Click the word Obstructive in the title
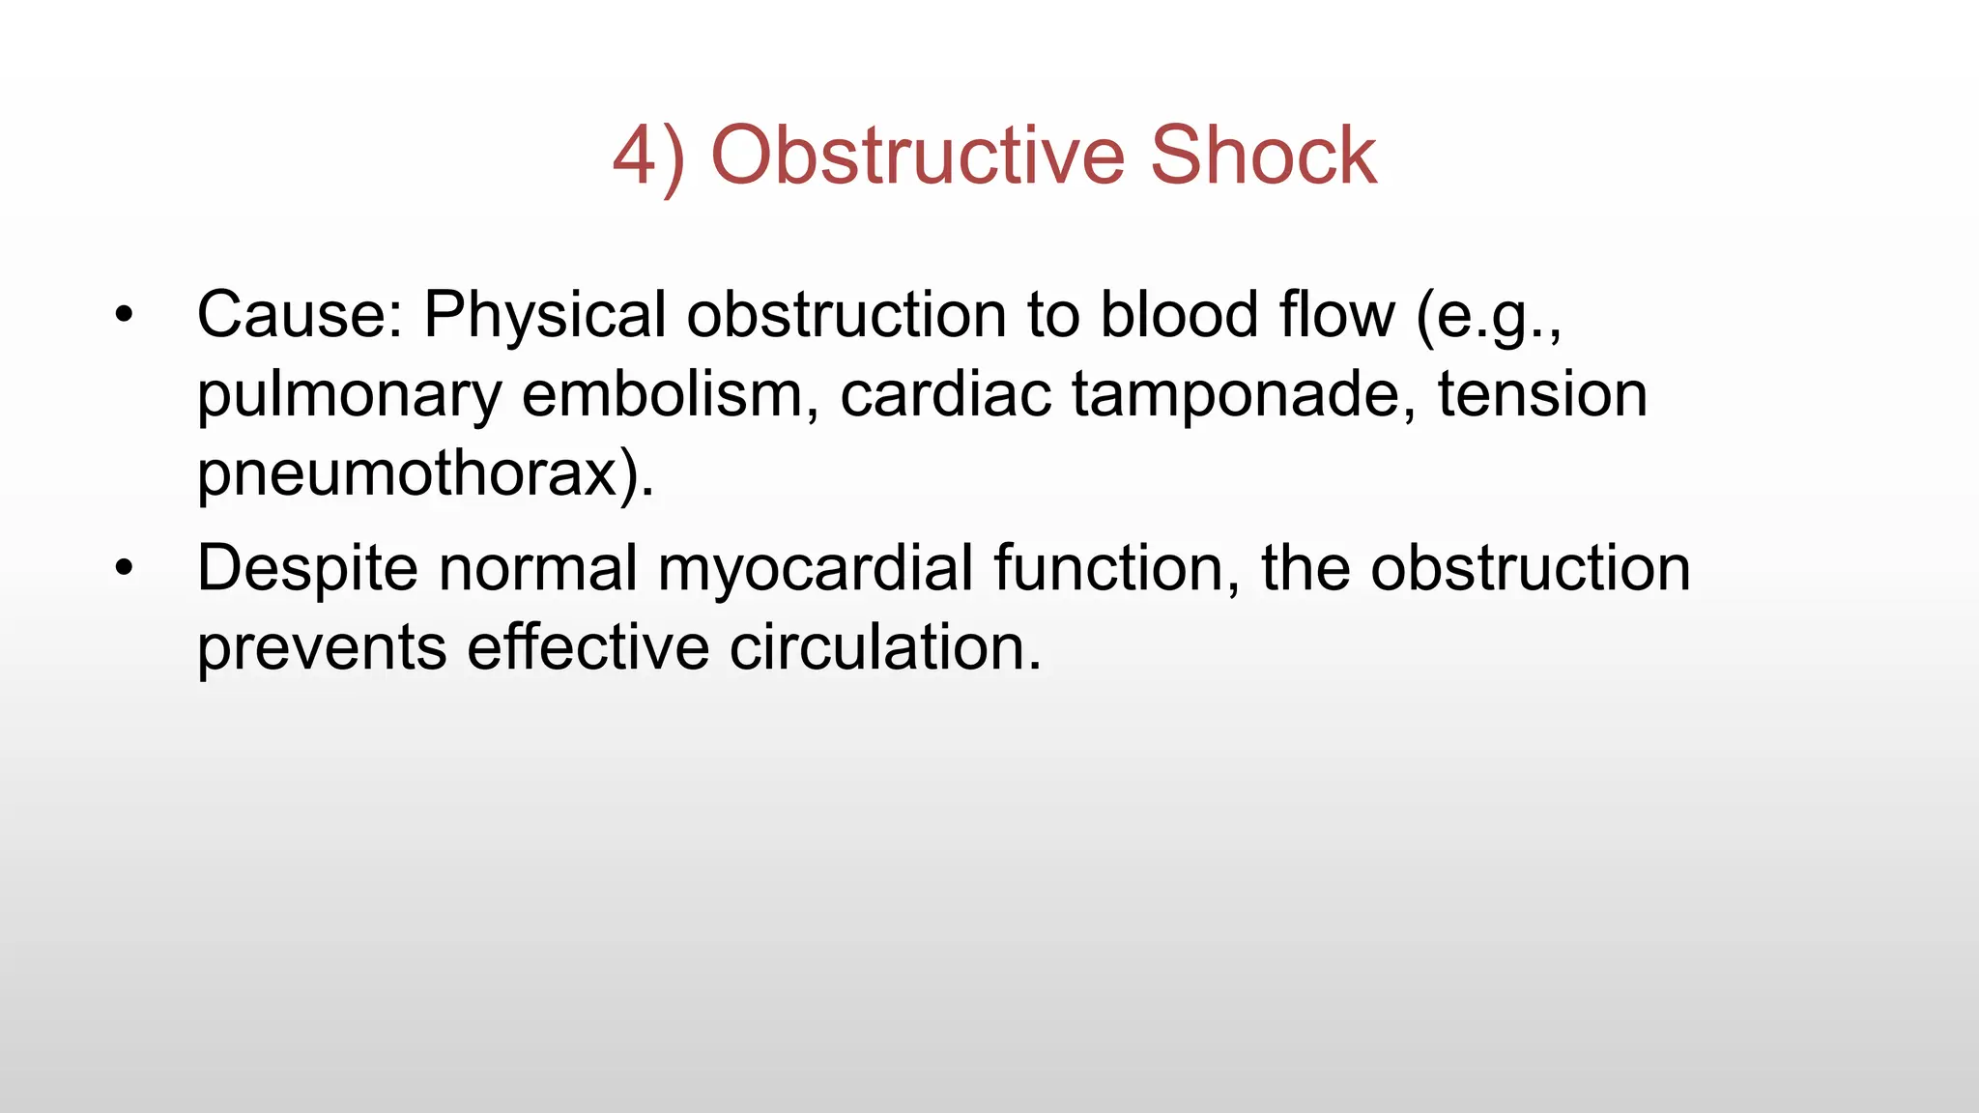(918, 156)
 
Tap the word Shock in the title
(1263, 156)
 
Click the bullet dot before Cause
(123, 315)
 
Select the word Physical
(545, 315)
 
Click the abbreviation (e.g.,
(1488, 317)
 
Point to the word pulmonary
(349, 396)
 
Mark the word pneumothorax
(406, 475)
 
